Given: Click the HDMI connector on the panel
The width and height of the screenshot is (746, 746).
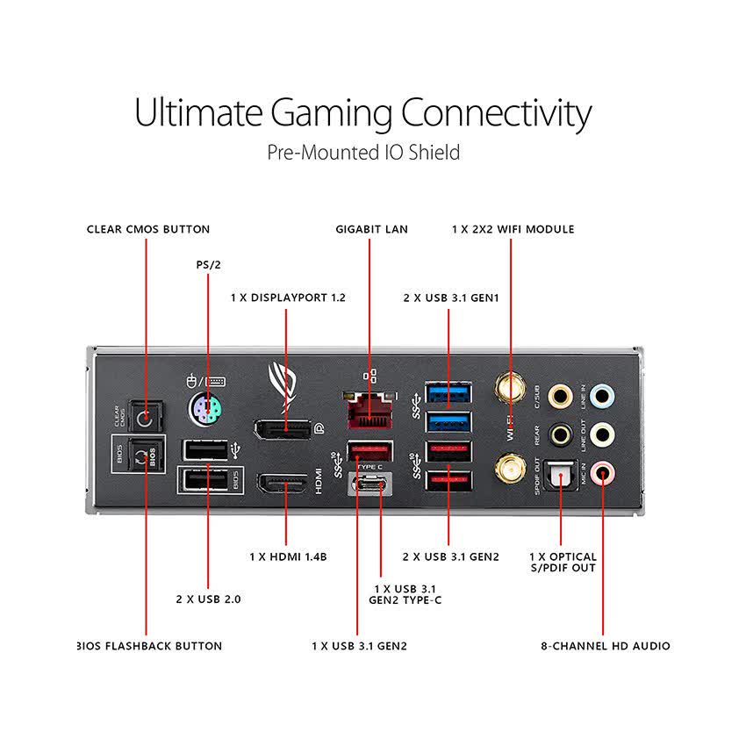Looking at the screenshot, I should pos(282,484).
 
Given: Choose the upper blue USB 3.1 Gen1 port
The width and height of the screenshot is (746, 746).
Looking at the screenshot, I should pos(448,392).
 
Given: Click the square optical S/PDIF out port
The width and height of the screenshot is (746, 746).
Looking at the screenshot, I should pos(559,476).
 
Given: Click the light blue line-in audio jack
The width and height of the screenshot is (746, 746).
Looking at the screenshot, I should pos(602,396).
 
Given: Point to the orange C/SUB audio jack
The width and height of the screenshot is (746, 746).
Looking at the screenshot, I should pos(559,397).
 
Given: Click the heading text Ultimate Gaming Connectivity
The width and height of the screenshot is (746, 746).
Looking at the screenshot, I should pos(362,113).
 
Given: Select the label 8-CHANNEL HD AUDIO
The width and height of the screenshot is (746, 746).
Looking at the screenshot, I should pos(606,646).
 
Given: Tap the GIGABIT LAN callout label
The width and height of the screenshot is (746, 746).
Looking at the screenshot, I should pos(371,229).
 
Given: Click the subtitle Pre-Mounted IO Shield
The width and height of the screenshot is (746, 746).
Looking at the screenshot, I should pos(363,153).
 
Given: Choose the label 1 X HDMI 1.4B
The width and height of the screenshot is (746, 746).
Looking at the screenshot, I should pos(288,556).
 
